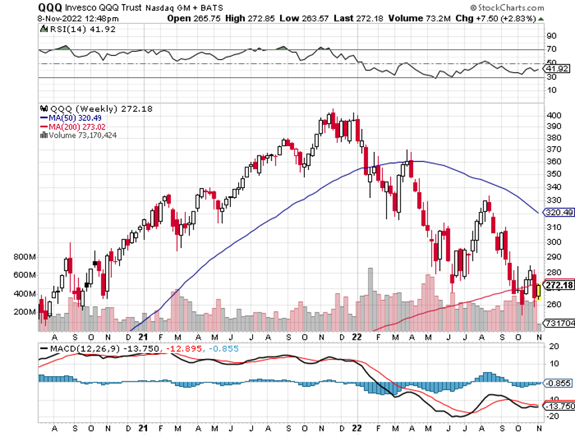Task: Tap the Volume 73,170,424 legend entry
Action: click(x=79, y=135)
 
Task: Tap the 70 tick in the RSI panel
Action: click(x=551, y=49)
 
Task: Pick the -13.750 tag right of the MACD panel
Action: click(x=558, y=405)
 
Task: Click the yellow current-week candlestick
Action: click(x=538, y=290)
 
